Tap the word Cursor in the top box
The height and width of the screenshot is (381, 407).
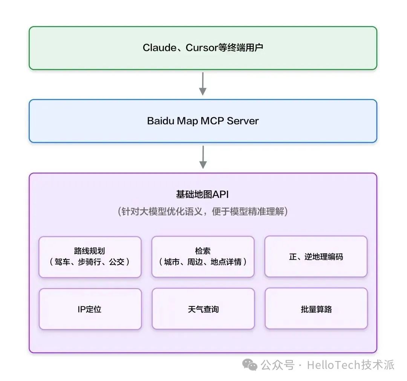click(202, 48)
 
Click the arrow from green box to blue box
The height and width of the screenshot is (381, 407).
click(203, 84)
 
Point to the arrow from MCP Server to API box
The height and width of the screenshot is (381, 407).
click(203, 157)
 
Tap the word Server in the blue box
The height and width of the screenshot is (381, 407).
click(243, 121)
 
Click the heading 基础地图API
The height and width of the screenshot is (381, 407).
click(202, 194)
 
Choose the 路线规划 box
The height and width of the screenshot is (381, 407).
click(90, 257)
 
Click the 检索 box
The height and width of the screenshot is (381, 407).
click(203, 257)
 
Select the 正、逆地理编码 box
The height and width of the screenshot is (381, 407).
click(316, 257)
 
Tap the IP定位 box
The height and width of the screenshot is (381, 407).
click(90, 309)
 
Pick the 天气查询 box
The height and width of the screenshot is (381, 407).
click(203, 309)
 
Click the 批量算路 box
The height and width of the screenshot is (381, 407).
click(316, 309)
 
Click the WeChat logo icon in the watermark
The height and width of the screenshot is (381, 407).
click(250, 364)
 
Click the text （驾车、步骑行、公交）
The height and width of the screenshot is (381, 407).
click(90, 262)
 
